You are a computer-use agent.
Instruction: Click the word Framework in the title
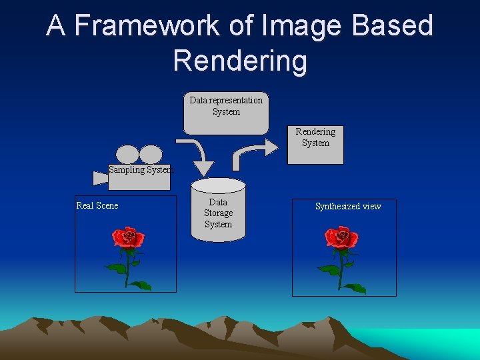[149, 25]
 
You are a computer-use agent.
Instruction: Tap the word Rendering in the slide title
[240, 61]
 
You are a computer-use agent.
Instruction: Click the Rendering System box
[315, 145]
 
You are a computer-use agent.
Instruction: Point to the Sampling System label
[140, 169]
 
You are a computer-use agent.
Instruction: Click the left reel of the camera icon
[129, 155]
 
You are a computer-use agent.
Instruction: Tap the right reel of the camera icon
[151, 155]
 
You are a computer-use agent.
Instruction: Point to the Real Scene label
[97, 205]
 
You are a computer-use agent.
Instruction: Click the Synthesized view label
[347, 206]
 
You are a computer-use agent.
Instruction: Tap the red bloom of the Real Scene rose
[127, 238]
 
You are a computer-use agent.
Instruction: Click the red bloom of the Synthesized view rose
[341, 238]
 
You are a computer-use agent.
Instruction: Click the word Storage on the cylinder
[218, 213]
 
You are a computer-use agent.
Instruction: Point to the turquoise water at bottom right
[427, 338]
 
